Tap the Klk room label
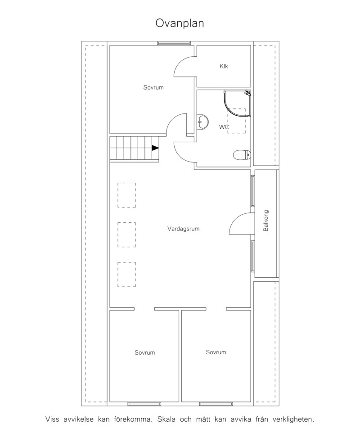tap(224, 66)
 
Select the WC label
tap(224, 127)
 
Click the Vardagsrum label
tap(183, 229)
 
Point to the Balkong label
tap(266, 221)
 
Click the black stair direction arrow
tap(155, 148)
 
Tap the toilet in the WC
tap(242, 155)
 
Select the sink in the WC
tap(202, 122)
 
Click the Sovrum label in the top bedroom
tap(153, 87)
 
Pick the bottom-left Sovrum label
tap(144, 352)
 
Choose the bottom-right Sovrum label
tap(216, 352)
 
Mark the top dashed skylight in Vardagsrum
tap(126, 195)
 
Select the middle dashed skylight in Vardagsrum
tap(126, 235)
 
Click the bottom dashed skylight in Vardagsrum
tap(126, 275)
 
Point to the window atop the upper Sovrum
tap(174, 43)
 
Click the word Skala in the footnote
tap(166, 419)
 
